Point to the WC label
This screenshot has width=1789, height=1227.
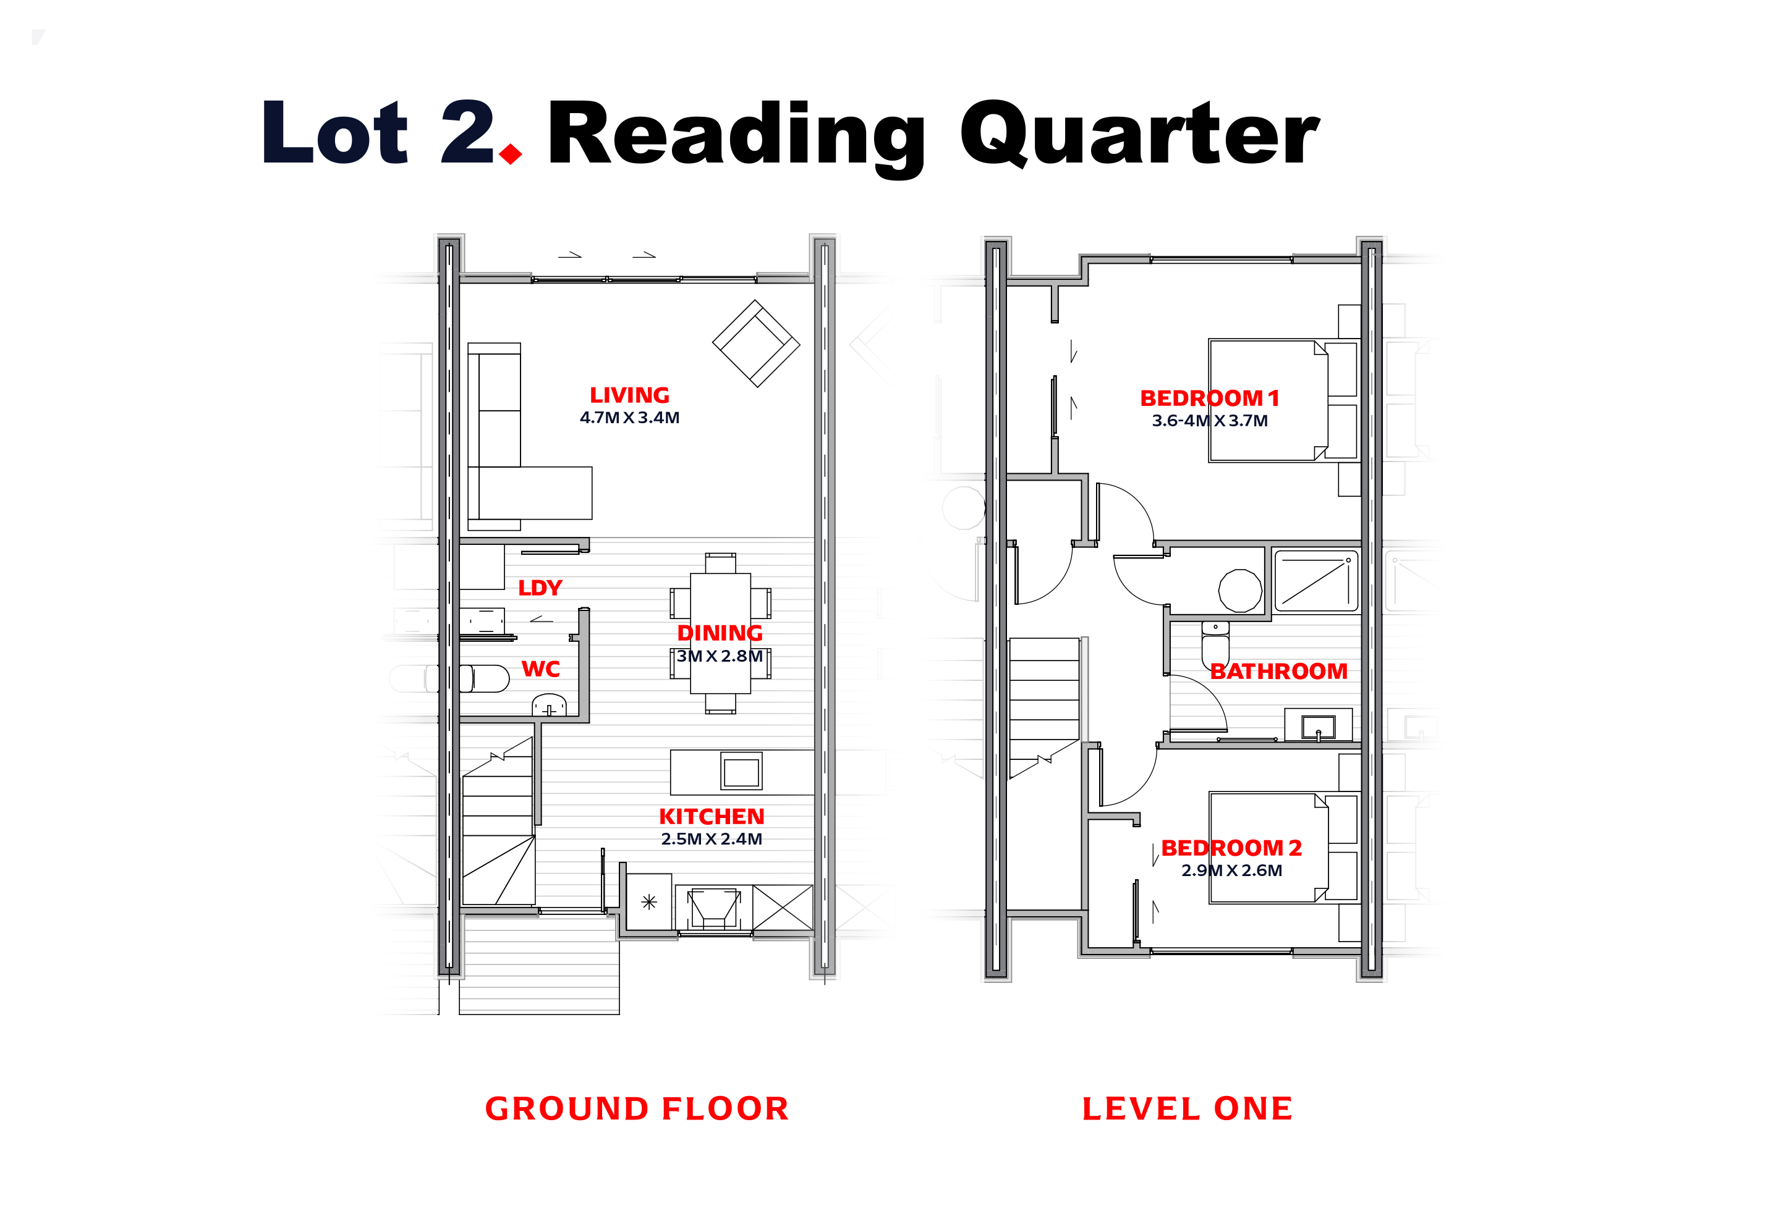click(x=540, y=669)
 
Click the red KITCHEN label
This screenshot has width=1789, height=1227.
click(x=712, y=816)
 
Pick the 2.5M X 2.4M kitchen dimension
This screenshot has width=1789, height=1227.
click(x=712, y=839)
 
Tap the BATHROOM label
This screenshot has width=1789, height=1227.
click(x=1278, y=672)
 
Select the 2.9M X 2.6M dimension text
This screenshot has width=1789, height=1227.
click(x=1231, y=871)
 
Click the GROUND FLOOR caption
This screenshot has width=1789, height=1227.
click(x=637, y=1108)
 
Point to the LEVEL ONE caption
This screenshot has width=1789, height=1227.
click(x=1187, y=1108)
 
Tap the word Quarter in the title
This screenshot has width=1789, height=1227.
click(x=1139, y=135)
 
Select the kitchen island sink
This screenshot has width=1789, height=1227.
click(x=741, y=772)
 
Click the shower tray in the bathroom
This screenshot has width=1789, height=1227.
click(x=1315, y=580)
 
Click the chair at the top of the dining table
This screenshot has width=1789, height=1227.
click(x=721, y=563)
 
